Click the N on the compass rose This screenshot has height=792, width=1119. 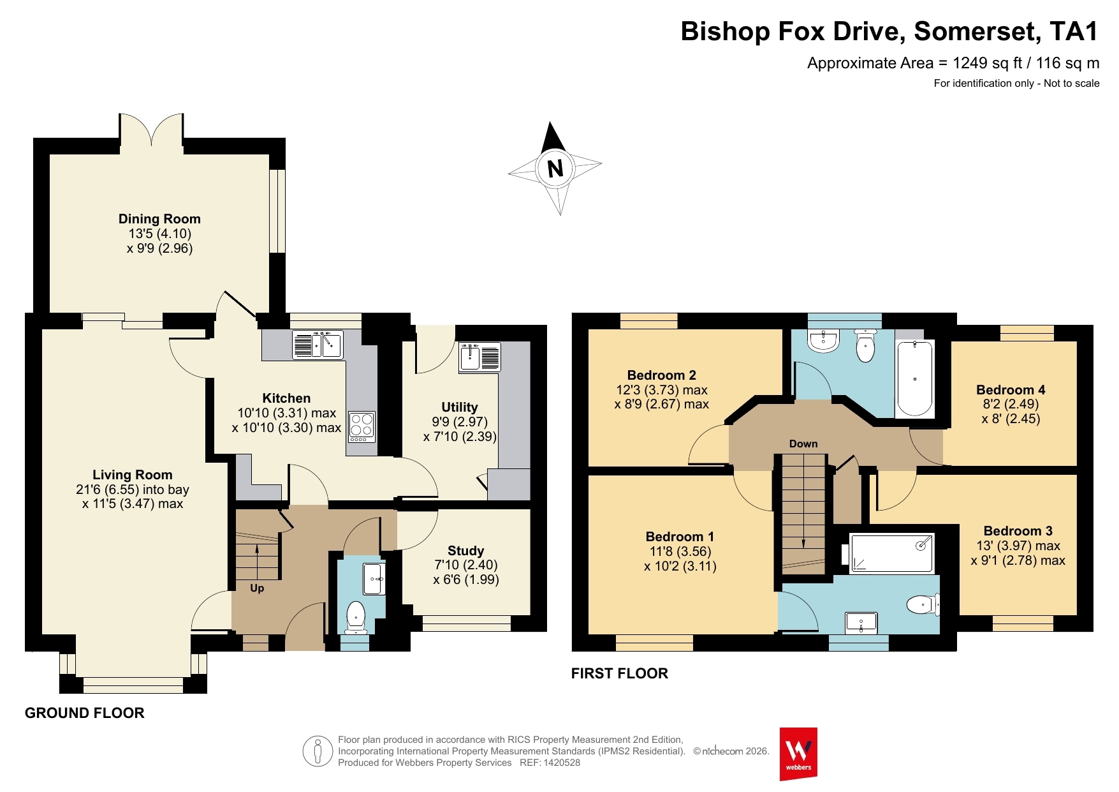pos(555,168)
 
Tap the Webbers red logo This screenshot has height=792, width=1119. pos(798,754)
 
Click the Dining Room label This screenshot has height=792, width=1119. pos(159,219)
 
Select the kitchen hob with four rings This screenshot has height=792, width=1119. pos(362,426)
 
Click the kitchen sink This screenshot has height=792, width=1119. pos(318,345)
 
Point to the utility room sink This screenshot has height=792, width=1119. pos(480,357)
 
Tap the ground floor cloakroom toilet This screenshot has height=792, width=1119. pos(356,618)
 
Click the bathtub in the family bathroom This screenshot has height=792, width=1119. pos(915,378)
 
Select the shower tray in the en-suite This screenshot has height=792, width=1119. pos(891,553)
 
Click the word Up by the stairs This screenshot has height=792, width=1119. pos(257,588)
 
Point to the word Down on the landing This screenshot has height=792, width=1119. pos(803,444)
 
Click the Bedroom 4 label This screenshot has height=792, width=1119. pos(1011,390)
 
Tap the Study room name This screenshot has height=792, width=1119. pos(465,550)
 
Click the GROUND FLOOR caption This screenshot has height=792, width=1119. pos(85,713)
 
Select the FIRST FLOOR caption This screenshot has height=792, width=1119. pos(620,673)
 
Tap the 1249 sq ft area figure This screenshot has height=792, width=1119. pos(988,63)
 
